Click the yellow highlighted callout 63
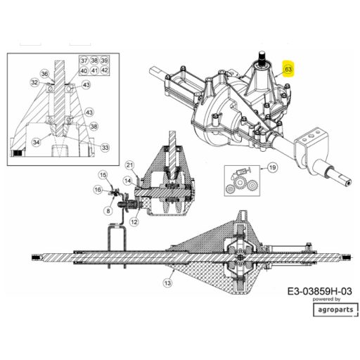(x=288, y=69)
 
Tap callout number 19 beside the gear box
(x=273, y=167)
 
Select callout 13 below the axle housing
(x=167, y=283)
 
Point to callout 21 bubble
(x=130, y=165)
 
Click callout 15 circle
(x=103, y=175)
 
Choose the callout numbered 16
(x=98, y=190)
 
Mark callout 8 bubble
(x=108, y=211)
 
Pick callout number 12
(x=134, y=221)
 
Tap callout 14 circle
(x=128, y=181)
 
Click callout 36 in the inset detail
(x=45, y=74)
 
